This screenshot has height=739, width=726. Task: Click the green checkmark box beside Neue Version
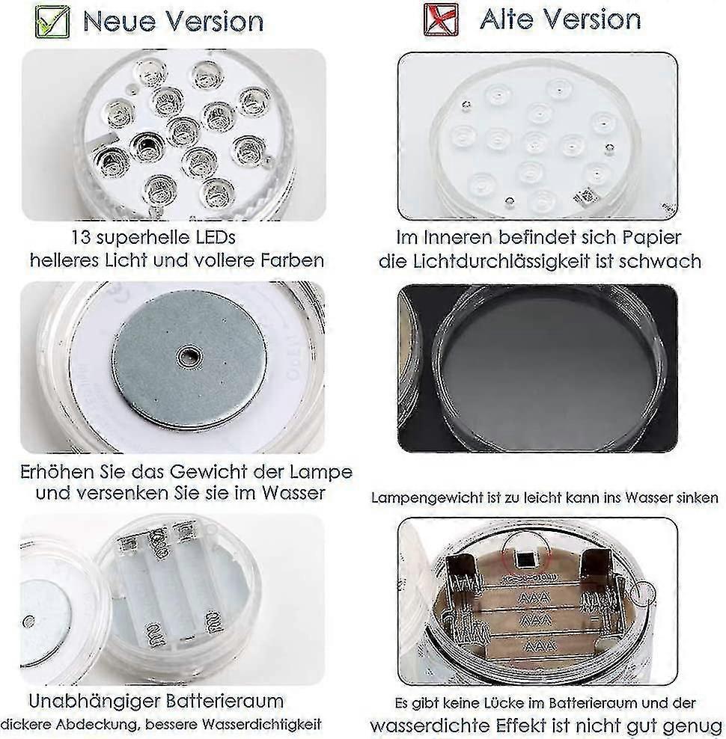52,21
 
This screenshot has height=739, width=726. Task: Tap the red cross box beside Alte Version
441,19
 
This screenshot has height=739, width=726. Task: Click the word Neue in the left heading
119,21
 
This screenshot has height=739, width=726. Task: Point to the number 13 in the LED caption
80,237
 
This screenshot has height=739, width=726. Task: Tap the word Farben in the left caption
292,260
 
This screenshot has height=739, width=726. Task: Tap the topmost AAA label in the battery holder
534,598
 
